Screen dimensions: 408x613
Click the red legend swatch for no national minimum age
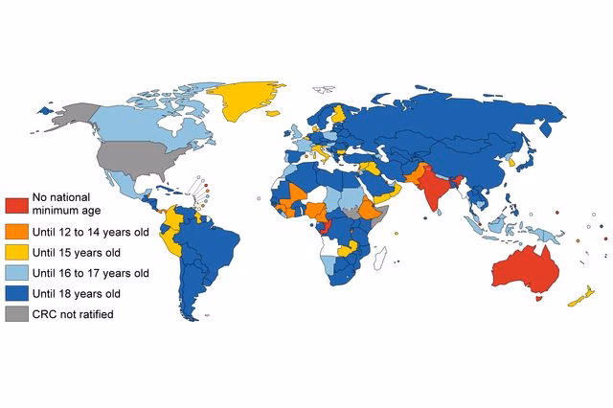(17, 203)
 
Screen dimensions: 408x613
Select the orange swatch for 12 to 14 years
(17, 230)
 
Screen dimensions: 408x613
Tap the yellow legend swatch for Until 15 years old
(17, 252)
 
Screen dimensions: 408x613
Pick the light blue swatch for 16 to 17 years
(17, 273)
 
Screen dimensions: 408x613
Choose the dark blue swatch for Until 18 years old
(17, 293)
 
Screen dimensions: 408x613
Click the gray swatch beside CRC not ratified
(17, 314)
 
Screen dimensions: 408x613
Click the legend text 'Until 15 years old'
(80, 252)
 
